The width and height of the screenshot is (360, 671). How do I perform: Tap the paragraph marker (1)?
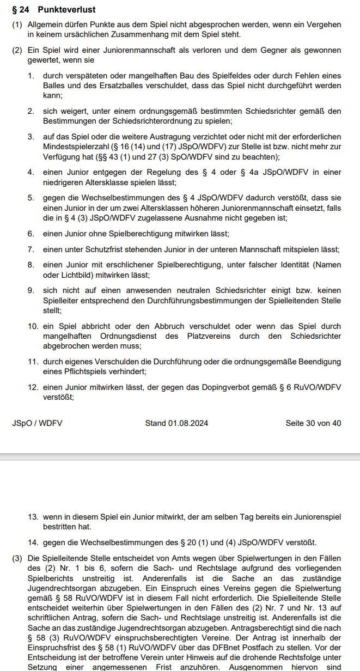(x=18, y=25)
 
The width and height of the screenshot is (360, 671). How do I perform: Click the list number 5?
(x=31, y=198)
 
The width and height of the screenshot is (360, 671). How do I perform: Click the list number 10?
(x=33, y=326)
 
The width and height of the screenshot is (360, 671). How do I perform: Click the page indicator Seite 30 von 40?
(x=313, y=423)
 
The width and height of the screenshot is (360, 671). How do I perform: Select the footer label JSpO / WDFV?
(x=37, y=423)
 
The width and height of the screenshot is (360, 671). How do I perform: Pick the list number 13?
(x=33, y=516)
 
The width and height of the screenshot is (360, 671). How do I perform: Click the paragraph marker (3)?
(x=18, y=558)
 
